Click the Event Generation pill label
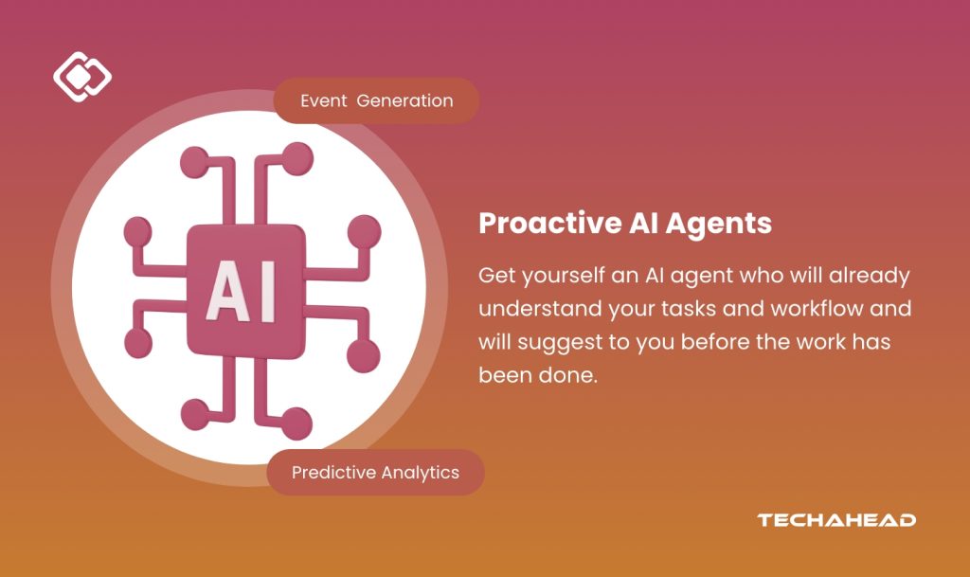point(376,100)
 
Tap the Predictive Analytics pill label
point(375,473)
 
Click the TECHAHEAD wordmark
point(836,520)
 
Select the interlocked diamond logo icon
point(82,77)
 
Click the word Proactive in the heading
point(550,224)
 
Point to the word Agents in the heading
point(719,225)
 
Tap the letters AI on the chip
point(240,291)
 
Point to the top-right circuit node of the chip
point(298,158)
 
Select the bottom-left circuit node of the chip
point(195,414)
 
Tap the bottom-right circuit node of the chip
point(296,424)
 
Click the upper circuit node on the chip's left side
point(138,232)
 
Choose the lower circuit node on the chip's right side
point(363,356)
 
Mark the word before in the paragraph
point(714,342)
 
